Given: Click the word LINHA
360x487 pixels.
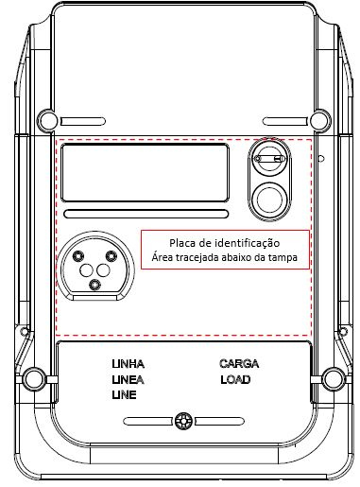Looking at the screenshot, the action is [x=128, y=364].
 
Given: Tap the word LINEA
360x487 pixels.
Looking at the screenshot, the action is [x=128, y=380].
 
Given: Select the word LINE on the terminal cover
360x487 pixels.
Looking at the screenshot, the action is [x=124, y=395].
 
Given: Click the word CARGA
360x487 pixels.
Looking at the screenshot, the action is [x=239, y=364].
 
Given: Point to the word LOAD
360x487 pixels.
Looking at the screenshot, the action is [x=235, y=380].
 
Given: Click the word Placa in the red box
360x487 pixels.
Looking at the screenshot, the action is [x=180, y=243].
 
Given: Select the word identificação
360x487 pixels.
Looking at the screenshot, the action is [x=247, y=244].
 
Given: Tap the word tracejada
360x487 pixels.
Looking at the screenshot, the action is [x=197, y=257].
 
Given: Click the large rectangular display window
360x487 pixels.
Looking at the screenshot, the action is [x=146, y=173].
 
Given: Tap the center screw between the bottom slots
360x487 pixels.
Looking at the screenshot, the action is [x=183, y=421].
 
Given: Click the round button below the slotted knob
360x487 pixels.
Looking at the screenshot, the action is [x=269, y=199].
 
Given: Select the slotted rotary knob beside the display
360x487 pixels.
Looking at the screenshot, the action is [x=269, y=158].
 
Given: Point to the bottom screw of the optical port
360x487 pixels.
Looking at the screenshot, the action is [x=94, y=286].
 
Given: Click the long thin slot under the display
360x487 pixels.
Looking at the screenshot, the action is [x=146, y=214].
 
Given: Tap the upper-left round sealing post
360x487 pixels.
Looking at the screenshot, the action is [x=47, y=120].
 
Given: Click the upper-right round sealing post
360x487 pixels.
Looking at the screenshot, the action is [x=320, y=120].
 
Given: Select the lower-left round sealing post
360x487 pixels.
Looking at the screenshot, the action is [x=33, y=378].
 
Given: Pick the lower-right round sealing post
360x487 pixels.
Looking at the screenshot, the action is [x=334, y=378].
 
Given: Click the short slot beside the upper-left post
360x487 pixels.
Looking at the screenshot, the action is [x=83, y=121].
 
